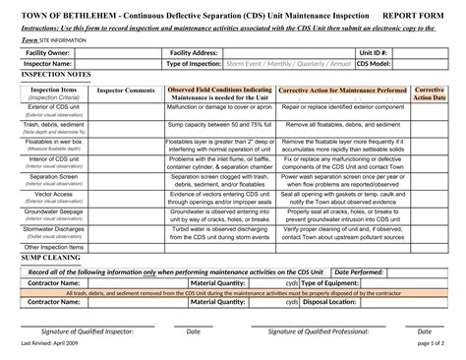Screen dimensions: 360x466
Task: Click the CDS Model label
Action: coord(374,63)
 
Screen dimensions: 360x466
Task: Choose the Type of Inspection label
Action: coord(194,63)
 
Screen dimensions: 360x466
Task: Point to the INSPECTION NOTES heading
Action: coord(56,74)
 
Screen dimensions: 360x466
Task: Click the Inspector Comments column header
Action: coord(128,90)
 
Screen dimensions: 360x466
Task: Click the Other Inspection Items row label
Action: coord(54,246)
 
